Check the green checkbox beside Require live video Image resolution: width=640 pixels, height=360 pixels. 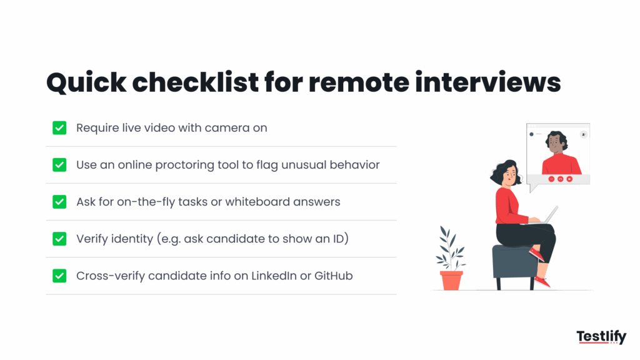(59, 128)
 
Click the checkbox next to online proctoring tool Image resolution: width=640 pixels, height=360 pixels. (59, 165)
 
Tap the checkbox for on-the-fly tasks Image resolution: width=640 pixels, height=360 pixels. (59, 202)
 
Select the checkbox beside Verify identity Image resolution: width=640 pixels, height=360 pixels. (59, 239)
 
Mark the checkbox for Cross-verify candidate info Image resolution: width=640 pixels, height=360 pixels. (59, 276)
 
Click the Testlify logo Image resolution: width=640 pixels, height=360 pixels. (601, 337)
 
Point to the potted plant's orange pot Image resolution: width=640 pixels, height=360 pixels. (451, 280)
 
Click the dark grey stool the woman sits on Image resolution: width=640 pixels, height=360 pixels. (514, 261)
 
